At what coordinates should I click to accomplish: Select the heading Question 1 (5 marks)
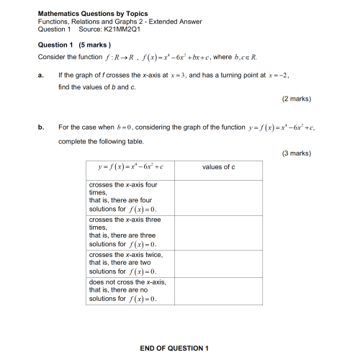[x=73, y=45]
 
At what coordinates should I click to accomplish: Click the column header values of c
[x=219, y=168]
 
